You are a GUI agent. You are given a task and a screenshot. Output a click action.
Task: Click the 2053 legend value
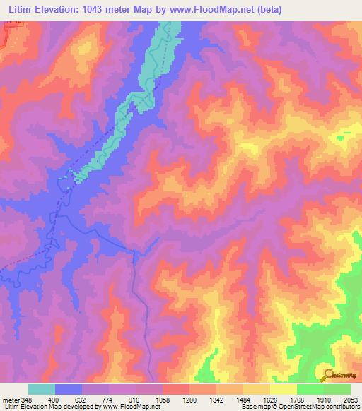click(x=351, y=399)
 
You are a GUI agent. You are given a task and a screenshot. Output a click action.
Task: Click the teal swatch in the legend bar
click(x=42, y=389)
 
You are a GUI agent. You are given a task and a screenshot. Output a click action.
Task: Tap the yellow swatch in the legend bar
click(x=283, y=389)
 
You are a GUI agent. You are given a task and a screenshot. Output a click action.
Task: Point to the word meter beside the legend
click(x=10, y=399)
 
